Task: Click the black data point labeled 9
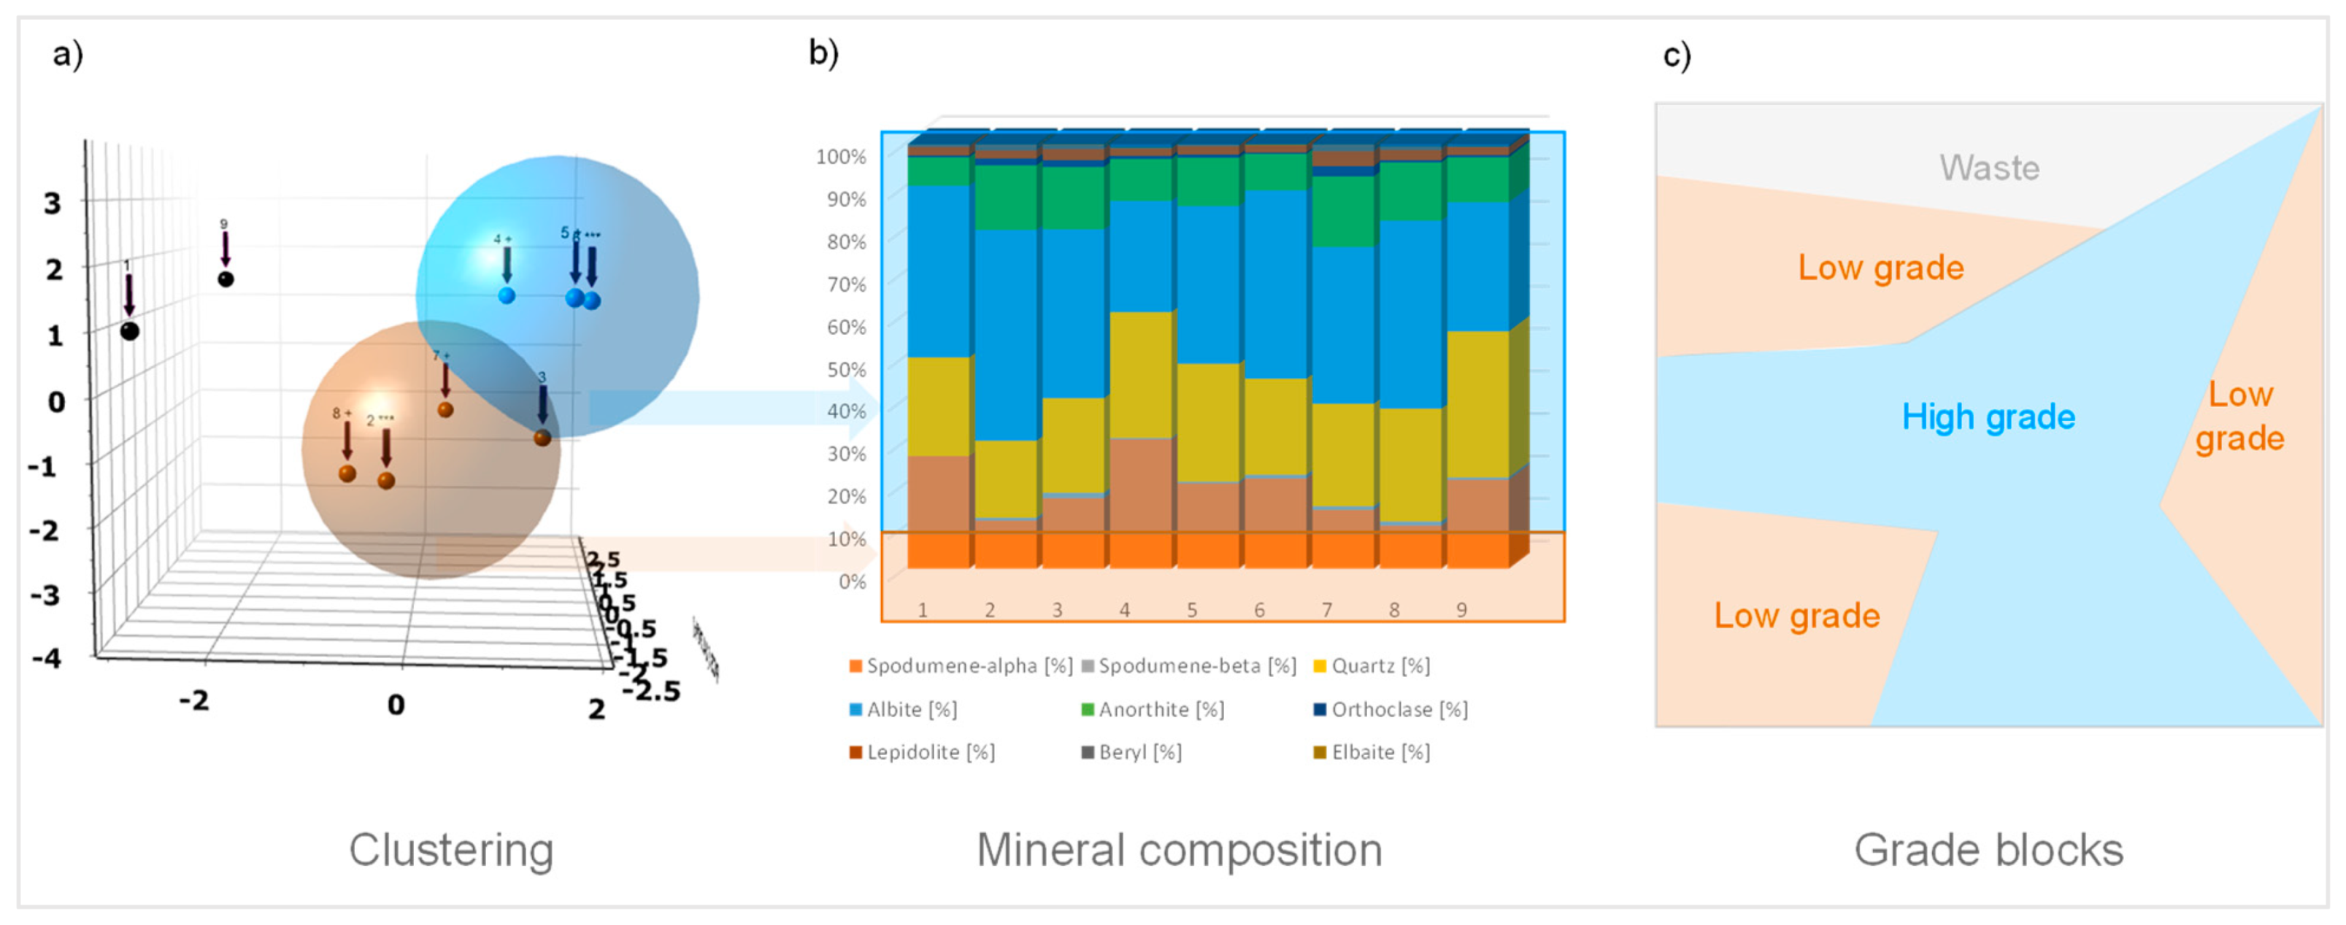click(226, 279)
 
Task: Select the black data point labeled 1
click(130, 330)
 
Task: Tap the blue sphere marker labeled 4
click(507, 295)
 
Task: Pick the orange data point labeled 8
click(347, 473)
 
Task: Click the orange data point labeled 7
click(445, 410)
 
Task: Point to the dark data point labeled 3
click(542, 438)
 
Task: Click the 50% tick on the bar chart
click(845, 370)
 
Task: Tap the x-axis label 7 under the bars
click(1327, 610)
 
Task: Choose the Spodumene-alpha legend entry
click(960, 665)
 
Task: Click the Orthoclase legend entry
click(1390, 709)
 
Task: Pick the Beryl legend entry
click(1131, 752)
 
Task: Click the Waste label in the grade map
click(1989, 169)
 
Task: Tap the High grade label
click(1988, 417)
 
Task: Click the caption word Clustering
click(451, 849)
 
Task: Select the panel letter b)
click(823, 53)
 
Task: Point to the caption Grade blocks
click(1988, 849)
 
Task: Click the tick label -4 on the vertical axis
click(47, 657)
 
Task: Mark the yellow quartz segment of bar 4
click(1140, 375)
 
